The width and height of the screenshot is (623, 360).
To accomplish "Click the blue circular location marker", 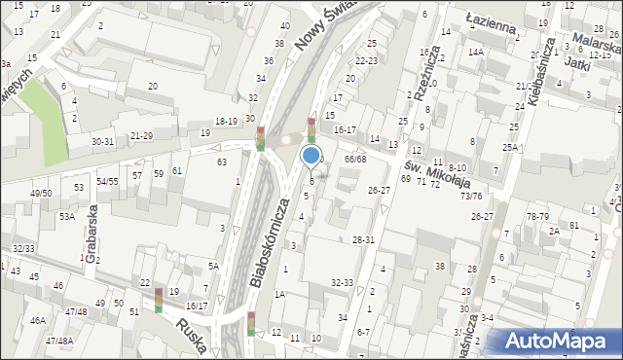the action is point(311,154).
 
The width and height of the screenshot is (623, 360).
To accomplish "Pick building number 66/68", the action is point(354,159).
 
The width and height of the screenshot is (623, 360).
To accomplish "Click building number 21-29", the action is point(141,135).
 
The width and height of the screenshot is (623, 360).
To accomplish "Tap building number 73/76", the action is point(471,196).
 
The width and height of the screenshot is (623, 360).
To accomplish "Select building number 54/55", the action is point(107,181).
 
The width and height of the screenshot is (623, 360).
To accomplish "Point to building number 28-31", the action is point(363,239).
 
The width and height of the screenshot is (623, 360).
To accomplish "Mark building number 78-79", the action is point(537,216).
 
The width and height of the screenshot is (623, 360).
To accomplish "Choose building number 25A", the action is point(509,147).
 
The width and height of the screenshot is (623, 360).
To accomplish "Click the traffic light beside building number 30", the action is point(260,139).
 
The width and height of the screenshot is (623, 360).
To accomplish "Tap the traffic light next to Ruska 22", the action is point(158,301).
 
